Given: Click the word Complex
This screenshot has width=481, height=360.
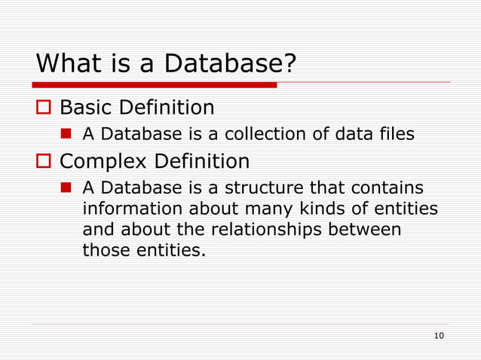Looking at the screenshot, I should coord(104,161).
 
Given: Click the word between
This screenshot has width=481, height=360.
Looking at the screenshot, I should coord(369,229).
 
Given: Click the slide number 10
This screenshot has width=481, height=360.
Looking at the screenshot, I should coord(440,335).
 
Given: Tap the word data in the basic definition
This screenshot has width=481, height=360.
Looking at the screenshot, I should coord(344,135).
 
